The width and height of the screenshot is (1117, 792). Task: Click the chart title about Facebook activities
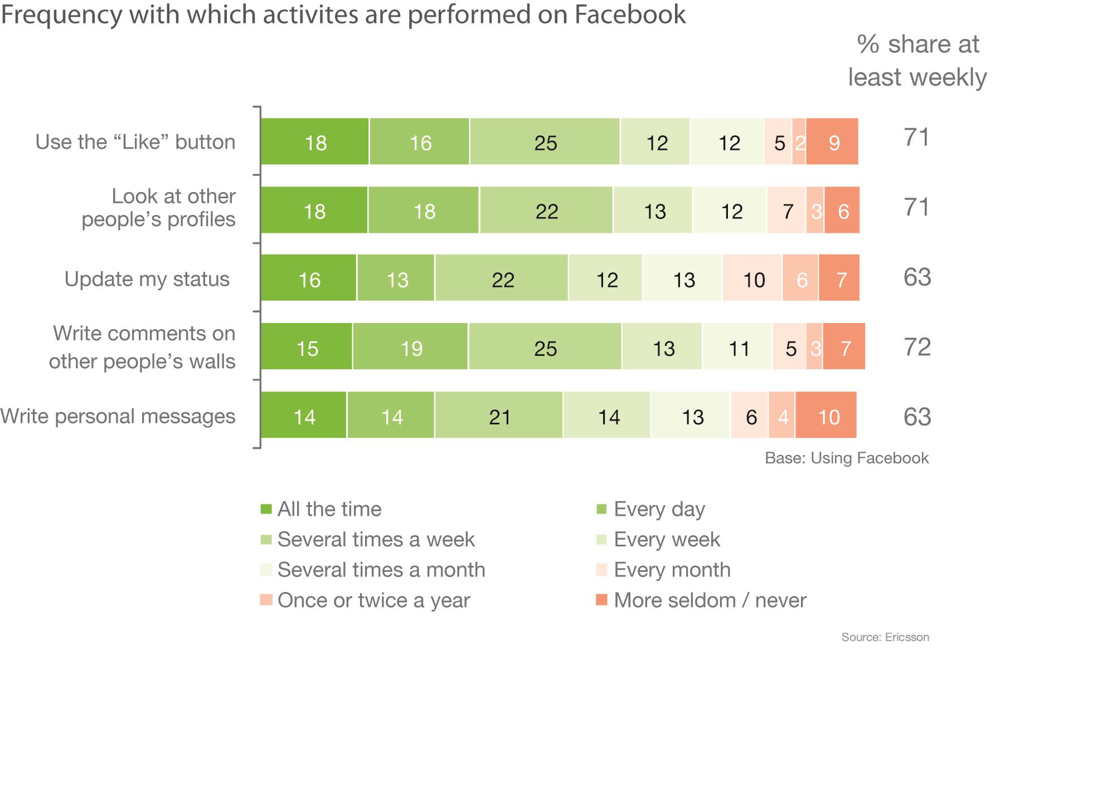click(x=343, y=14)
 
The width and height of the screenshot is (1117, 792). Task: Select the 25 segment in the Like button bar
click(x=545, y=143)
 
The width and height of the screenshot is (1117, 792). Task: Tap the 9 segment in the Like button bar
click(x=833, y=143)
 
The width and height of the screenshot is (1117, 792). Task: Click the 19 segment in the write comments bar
click(x=411, y=348)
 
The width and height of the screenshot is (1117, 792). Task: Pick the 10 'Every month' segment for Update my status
click(x=752, y=279)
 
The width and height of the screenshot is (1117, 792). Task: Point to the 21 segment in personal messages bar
click(x=499, y=416)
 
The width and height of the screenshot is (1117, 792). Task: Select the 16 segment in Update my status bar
click(x=309, y=279)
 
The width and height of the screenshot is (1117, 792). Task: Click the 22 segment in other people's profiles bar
click(x=546, y=211)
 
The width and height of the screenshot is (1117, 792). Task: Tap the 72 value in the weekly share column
click(x=917, y=347)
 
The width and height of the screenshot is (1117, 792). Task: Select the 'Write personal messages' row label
click(x=118, y=416)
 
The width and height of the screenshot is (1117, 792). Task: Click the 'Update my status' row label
click(x=147, y=278)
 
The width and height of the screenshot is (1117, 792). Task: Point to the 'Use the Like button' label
click(x=135, y=142)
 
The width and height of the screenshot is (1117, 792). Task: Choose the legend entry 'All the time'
click(x=329, y=509)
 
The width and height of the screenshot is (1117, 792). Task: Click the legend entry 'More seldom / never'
click(x=710, y=600)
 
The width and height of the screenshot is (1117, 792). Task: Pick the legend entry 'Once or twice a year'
click(x=373, y=600)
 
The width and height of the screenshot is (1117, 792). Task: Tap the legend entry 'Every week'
click(x=667, y=539)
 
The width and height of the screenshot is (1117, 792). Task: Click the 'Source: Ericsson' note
click(x=885, y=637)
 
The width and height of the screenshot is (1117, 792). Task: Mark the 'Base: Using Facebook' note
click(x=846, y=458)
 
